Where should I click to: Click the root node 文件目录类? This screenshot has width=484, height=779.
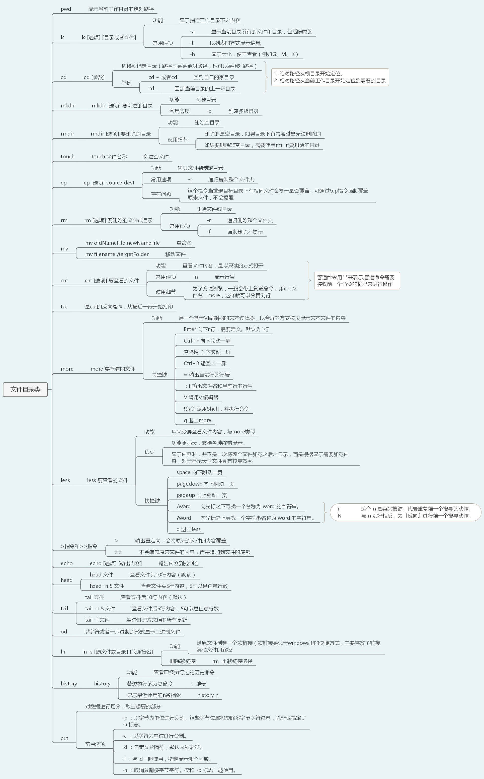tap(25, 389)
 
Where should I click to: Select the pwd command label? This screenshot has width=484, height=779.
tap(66, 9)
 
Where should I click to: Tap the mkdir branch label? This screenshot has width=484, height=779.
tap(68, 106)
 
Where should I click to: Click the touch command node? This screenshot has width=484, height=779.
tap(67, 157)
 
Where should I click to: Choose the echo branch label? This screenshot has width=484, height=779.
tap(67, 563)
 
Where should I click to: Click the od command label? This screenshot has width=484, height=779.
tap(64, 632)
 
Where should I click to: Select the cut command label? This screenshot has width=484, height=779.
tap(64, 738)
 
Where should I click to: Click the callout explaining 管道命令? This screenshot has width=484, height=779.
tap(357, 281)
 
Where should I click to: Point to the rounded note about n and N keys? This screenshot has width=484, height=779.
tap(405, 512)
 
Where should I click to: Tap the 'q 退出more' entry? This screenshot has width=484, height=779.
tap(197, 421)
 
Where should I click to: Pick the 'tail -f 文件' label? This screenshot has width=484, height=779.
tap(97, 620)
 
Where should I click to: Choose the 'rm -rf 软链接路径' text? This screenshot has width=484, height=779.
tap(232, 661)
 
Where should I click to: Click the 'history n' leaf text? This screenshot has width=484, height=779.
tap(208, 695)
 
